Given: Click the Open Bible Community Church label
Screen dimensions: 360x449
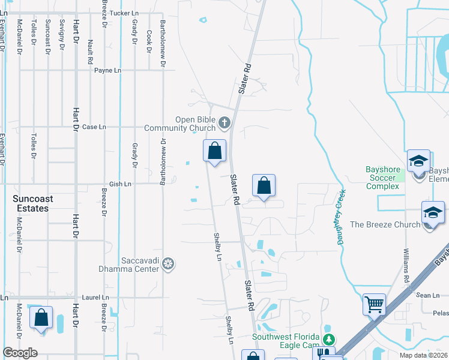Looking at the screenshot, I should (195, 124).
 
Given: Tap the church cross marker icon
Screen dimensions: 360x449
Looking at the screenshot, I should (224, 124).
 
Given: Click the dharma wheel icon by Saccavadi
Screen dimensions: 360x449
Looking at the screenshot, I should (169, 264).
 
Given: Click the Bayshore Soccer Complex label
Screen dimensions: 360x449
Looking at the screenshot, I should (382, 178).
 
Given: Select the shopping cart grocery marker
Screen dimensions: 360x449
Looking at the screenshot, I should (374, 304).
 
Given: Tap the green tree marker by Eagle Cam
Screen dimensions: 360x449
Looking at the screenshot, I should (327, 329).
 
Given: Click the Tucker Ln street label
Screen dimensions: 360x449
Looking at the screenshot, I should (124, 12).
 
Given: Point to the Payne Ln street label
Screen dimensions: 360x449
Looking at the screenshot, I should (108, 70).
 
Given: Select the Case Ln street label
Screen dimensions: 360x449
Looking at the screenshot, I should (94, 127).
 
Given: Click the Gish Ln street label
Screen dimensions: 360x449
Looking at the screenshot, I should (120, 184).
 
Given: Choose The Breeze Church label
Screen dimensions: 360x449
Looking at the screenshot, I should (385, 225).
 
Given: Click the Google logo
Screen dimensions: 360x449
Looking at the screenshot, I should (20, 353).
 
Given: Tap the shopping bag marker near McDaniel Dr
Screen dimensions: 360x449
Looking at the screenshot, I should (41, 318).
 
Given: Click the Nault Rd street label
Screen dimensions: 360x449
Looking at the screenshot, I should (90, 52).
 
